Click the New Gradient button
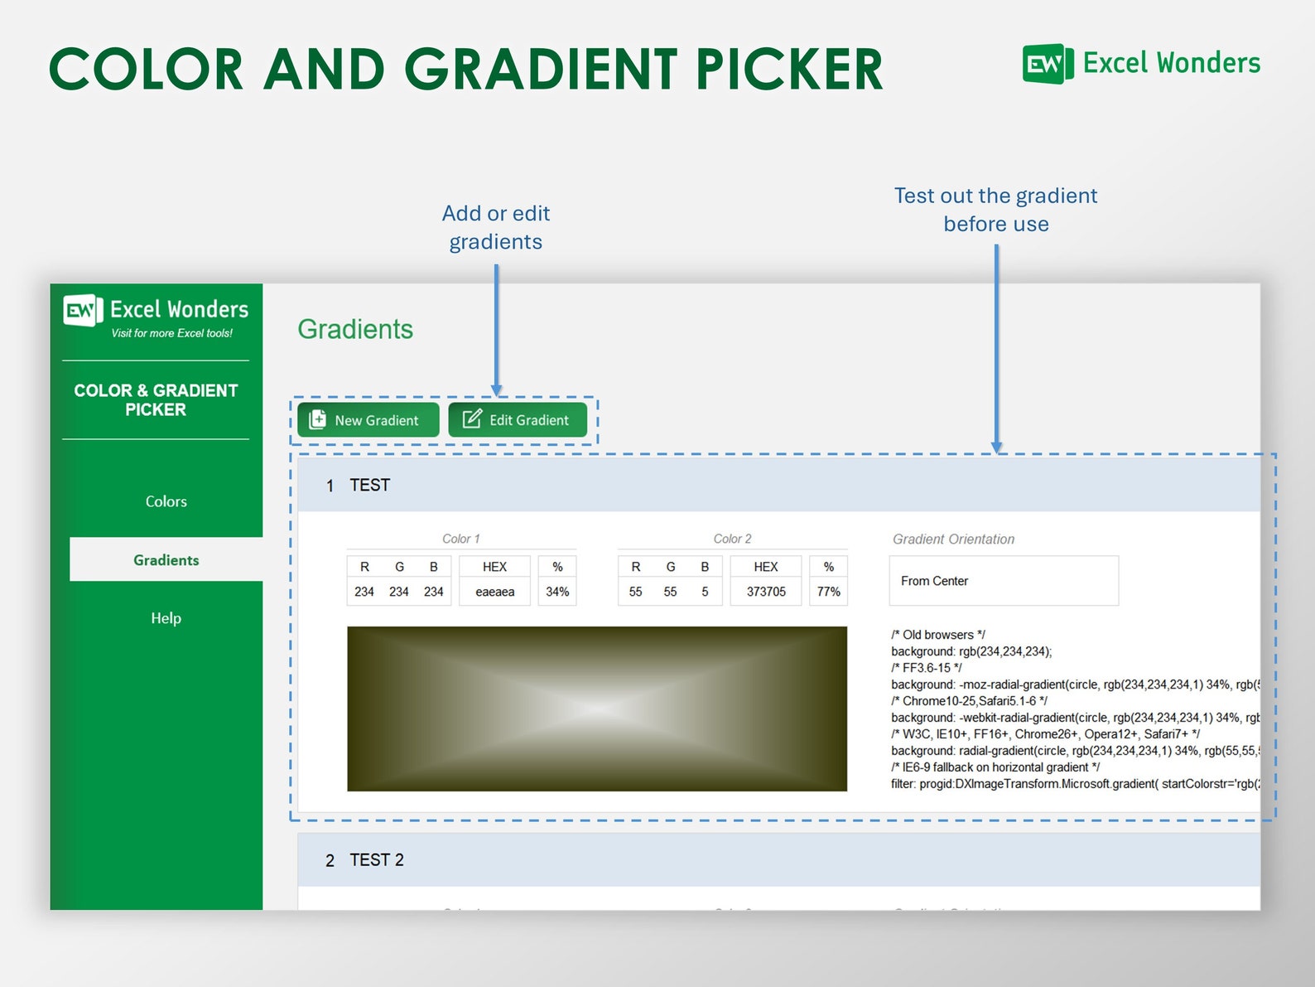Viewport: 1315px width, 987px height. click(368, 420)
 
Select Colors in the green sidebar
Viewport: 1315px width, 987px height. click(166, 501)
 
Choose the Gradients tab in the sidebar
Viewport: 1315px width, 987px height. click(166, 560)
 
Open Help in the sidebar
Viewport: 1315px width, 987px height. click(166, 618)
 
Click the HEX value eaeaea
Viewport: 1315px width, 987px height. click(494, 592)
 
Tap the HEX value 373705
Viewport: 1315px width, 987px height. click(765, 592)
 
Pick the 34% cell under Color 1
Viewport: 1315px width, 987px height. click(556, 592)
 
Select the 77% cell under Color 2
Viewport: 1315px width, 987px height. click(828, 592)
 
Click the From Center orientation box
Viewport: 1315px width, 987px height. click(1003, 581)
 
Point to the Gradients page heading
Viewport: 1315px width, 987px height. click(355, 329)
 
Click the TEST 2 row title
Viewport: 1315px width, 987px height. click(376, 860)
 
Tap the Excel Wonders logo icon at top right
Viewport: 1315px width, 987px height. click(1046, 64)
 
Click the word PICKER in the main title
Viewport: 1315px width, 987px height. click(788, 70)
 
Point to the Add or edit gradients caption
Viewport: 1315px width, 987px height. click(495, 228)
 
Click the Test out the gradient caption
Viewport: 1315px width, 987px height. click(995, 210)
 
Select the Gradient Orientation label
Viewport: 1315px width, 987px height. click(953, 539)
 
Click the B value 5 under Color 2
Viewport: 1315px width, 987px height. click(705, 592)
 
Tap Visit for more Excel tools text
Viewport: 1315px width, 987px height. click(172, 334)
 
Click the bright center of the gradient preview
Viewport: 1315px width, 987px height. click(597, 709)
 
